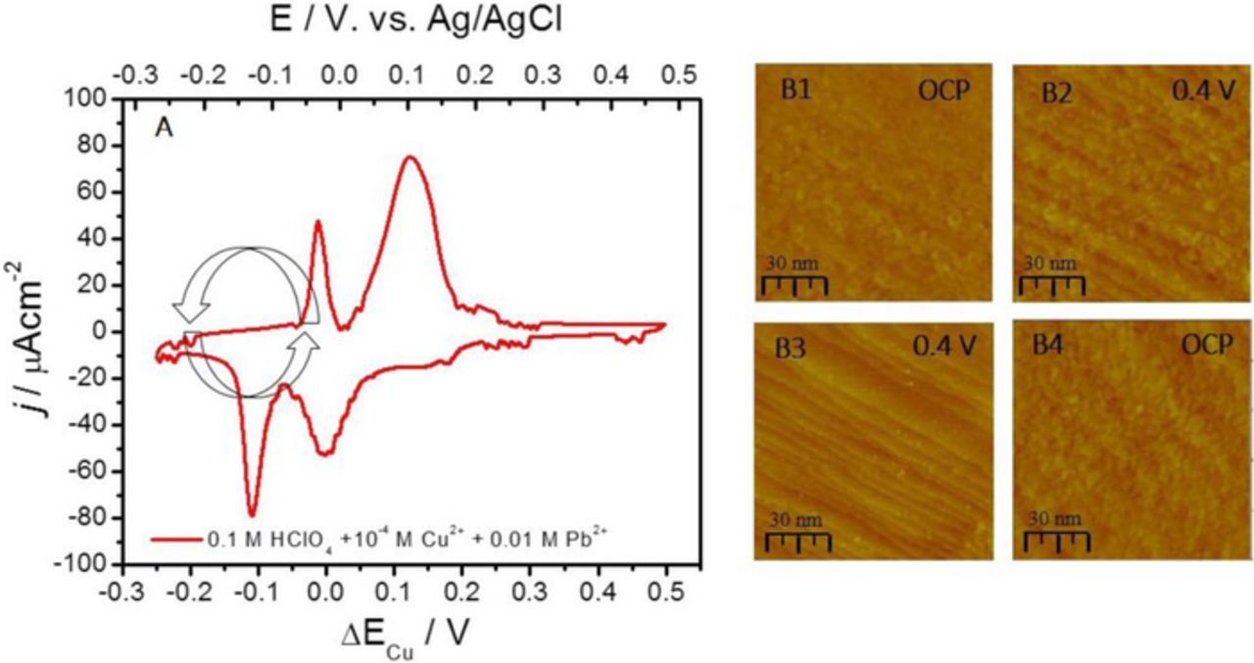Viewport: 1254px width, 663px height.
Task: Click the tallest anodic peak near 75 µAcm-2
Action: point(410,157)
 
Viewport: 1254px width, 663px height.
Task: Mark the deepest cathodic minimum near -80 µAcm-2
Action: point(252,513)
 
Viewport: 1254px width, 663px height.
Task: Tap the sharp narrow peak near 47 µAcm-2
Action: point(317,221)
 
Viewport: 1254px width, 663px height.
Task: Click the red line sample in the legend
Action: point(175,539)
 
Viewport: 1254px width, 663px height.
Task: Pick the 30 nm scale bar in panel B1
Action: point(795,277)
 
